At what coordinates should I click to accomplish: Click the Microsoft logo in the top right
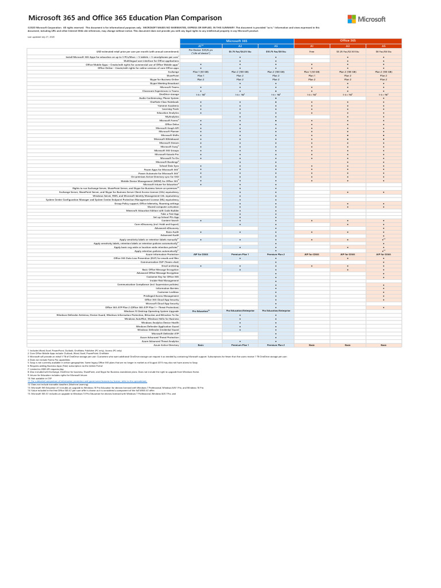click(366, 19)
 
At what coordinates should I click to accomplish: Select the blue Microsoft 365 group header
click(237, 41)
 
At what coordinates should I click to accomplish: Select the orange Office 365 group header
click(347, 41)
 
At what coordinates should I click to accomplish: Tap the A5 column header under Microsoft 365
click(276, 45)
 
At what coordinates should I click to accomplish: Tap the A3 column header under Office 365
click(347, 45)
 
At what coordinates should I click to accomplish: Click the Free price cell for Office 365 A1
click(312, 51)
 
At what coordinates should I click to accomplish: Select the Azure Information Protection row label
click(163, 254)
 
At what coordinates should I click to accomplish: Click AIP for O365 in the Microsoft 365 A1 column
click(200, 254)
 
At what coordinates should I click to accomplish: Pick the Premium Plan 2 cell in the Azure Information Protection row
click(276, 254)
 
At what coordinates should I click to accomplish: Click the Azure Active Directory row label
click(166, 345)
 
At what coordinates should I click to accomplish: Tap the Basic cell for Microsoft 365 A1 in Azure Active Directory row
click(200, 345)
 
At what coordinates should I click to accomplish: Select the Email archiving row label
click(170, 266)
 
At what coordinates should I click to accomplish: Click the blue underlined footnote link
click(87, 381)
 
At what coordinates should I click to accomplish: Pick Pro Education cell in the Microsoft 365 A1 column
click(200, 311)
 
